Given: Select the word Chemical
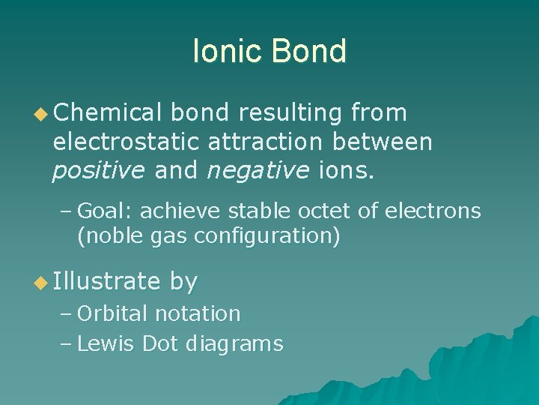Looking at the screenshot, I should [108, 113].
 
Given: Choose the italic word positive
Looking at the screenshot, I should [99, 172].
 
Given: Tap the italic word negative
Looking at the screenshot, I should [254, 172].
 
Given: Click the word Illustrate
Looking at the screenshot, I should [107, 282].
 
